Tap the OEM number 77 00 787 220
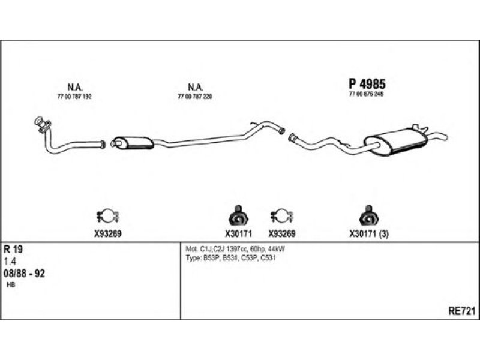tap(196, 96)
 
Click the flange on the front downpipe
tap(42, 124)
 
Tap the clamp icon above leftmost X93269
tap(109, 214)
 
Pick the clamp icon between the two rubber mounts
tap(281, 214)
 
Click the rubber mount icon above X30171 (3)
tap(366, 214)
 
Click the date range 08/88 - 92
tap(25, 273)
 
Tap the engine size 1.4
tap(10, 261)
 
